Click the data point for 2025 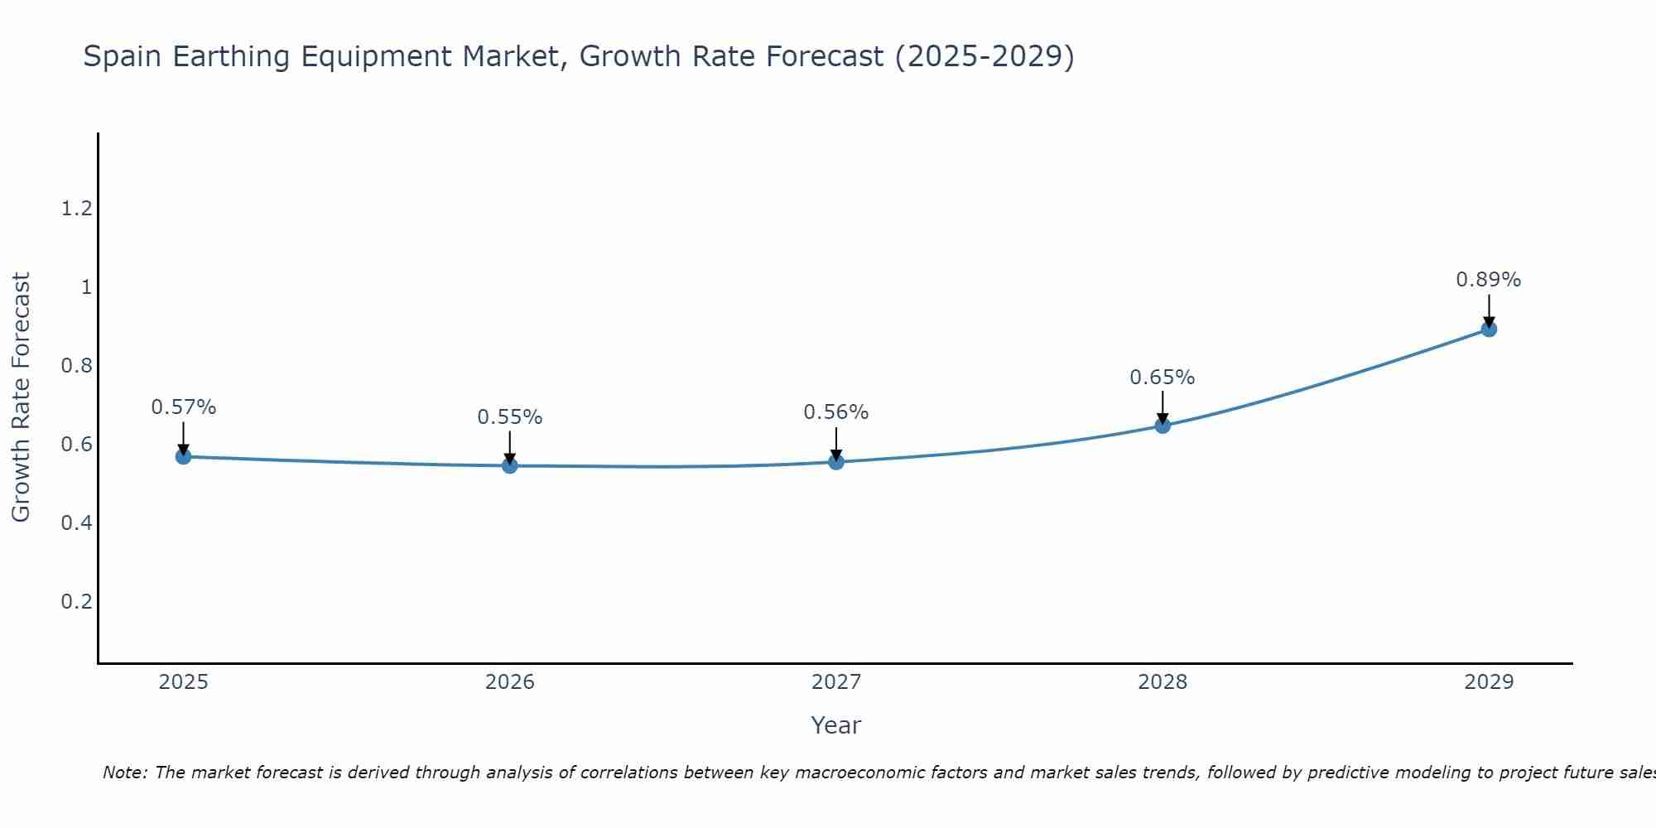183,456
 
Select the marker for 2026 509,465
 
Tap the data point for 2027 835,461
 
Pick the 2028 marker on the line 1162,426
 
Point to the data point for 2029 1488,329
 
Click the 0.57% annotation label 183,407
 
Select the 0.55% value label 509,417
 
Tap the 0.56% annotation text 835,412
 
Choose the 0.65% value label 1162,378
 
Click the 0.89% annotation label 1488,280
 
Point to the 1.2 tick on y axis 76,209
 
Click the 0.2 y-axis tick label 76,601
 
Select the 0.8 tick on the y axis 76,366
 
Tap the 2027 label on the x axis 835,682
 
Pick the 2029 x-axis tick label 1488,682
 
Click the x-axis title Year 835,725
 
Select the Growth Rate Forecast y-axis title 21,397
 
